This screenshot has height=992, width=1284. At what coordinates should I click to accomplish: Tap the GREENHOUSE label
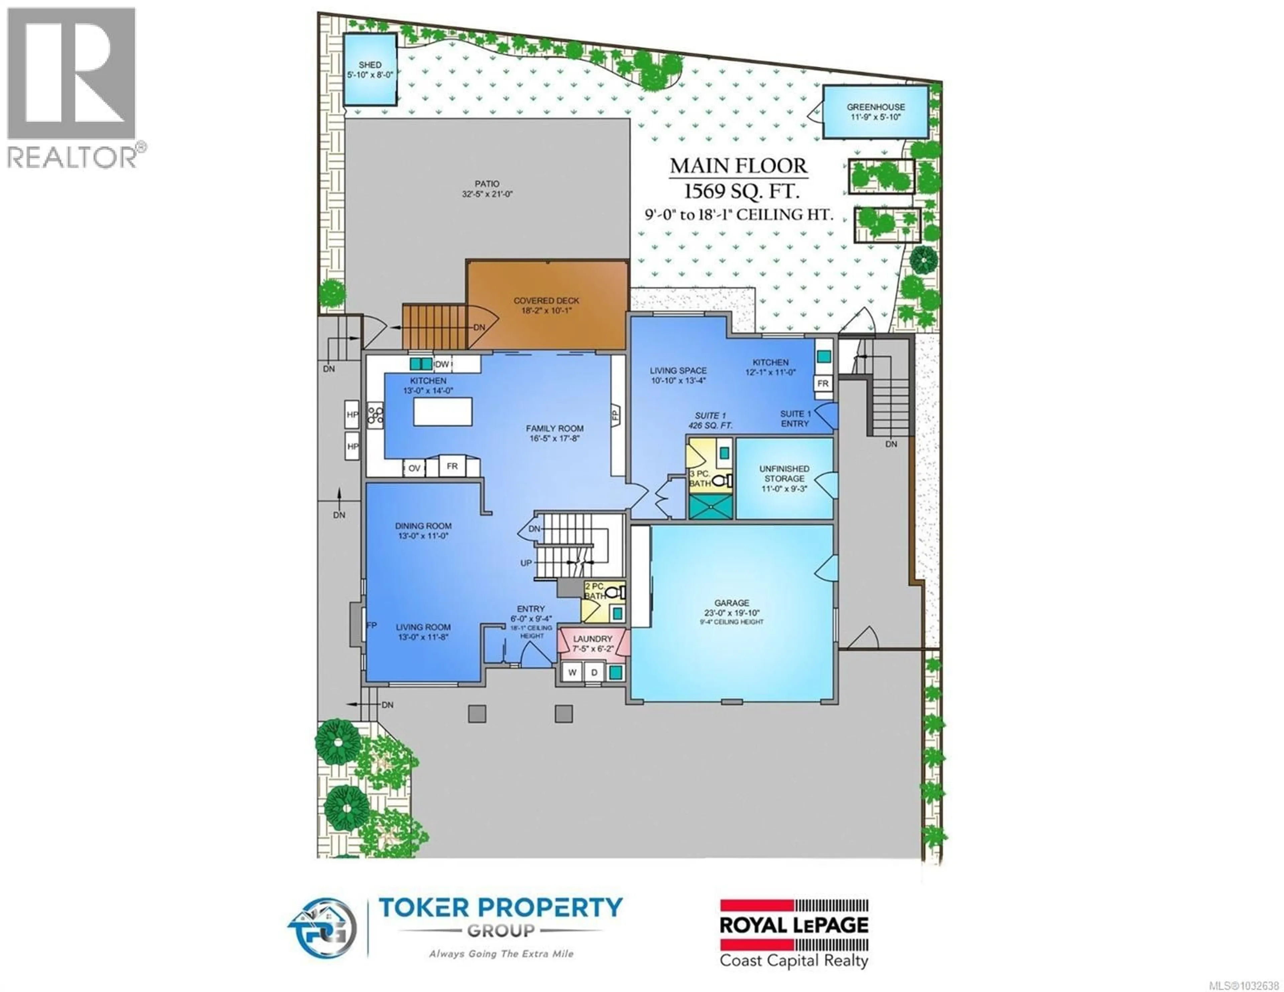point(875,107)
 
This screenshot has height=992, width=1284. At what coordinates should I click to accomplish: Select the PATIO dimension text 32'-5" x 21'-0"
point(488,194)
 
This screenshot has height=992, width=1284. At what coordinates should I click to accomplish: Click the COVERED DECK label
point(546,301)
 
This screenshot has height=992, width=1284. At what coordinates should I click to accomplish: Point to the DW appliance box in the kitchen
point(442,364)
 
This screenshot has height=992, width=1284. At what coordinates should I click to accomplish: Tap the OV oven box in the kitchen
point(415,468)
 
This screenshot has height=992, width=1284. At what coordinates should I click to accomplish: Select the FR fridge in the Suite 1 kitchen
point(823,383)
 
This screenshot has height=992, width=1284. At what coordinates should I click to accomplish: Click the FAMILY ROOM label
point(554,429)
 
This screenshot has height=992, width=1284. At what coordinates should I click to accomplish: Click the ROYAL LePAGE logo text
point(794,925)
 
